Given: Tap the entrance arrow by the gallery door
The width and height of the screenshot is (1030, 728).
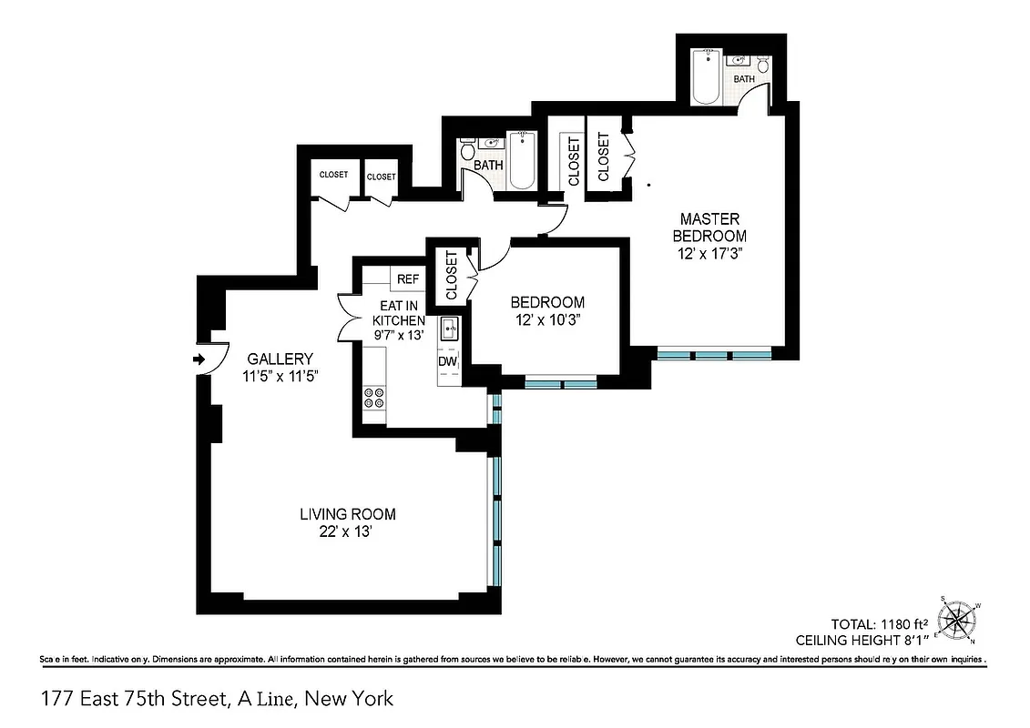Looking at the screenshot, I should (x=199, y=360).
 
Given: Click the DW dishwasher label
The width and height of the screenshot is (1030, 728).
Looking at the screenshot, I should (x=447, y=361).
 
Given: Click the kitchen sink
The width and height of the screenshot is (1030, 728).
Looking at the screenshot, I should (x=449, y=329).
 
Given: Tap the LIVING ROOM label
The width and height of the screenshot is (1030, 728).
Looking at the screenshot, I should (x=348, y=515).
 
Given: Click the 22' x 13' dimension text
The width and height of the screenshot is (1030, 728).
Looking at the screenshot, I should (x=348, y=533).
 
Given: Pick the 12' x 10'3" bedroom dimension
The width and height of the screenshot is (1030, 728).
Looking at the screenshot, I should (x=547, y=319).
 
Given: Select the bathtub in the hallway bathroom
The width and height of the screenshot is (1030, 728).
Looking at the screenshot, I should (x=523, y=162).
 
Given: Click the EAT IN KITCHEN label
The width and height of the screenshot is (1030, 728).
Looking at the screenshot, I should (x=398, y=314).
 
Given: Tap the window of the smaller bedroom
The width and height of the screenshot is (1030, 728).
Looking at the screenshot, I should (x=560, y=384).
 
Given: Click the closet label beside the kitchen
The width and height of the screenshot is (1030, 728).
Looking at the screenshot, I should (x=452, y=277).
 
